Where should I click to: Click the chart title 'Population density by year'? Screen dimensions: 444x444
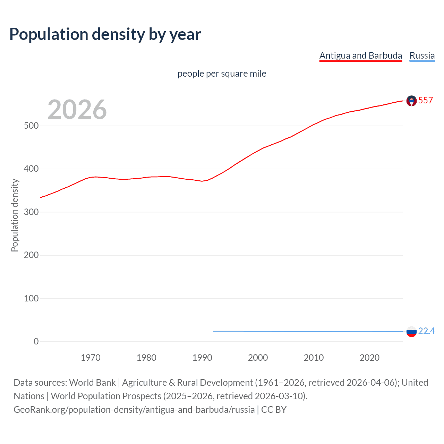click(105, 34)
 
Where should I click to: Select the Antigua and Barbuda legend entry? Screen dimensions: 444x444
click(360, 55)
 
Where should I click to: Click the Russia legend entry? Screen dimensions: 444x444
click(422, 55)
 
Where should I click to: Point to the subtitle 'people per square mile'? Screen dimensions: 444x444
click(222, 74)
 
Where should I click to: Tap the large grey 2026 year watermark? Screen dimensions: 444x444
click(77, 110)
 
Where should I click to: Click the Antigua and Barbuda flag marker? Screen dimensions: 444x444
click(411, 101)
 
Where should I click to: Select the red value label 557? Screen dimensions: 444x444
click(425, 101)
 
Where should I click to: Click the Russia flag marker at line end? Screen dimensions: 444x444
click(411, 332)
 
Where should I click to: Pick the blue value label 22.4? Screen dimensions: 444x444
click(426, 331)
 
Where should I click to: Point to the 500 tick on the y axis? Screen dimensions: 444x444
click(31, 126)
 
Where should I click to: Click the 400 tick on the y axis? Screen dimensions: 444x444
click(31, 169)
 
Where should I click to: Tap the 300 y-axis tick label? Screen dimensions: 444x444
click(31, 212)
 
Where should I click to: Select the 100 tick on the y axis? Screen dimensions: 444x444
click(31, 298)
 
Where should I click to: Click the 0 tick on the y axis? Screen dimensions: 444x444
click(36, 342)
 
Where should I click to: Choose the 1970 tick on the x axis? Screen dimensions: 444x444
click(91, 358)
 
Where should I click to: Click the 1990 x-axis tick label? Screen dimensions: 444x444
click(202, 358)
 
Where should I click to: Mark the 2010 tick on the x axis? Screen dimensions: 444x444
click(314, 358)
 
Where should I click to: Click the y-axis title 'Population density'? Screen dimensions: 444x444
click(15, 215)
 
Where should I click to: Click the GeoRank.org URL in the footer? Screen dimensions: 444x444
click(134, 410)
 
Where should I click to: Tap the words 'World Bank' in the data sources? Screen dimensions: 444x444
click(92, 383)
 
